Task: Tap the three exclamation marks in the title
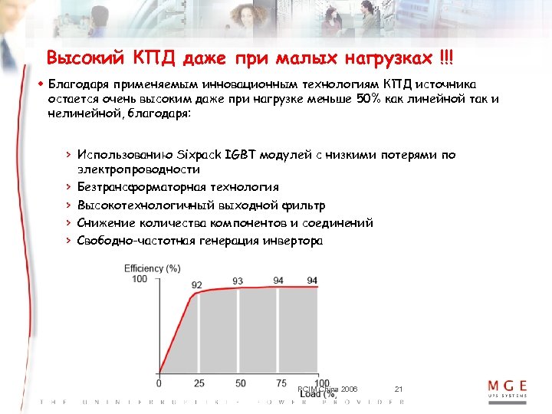446,58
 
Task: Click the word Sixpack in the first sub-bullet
195,155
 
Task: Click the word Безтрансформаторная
145,187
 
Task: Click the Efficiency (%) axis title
153,268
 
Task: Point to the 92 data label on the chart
197,285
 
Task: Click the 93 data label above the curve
238,282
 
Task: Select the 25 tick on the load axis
199,383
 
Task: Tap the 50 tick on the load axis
240,383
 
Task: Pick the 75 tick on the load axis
281,383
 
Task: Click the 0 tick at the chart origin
159,383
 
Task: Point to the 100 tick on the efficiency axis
140,279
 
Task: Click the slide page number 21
398,390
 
